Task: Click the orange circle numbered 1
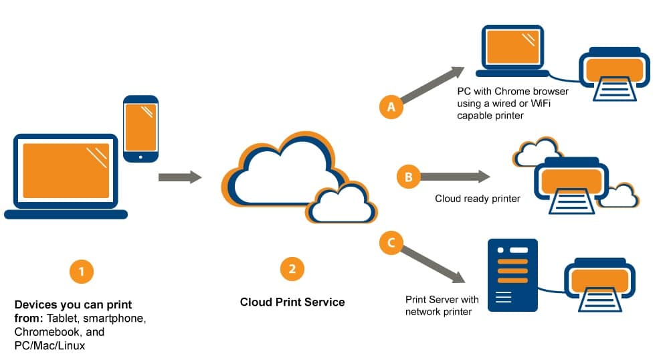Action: point(81,272)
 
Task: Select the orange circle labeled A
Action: point(391,107)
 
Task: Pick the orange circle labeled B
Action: point(408,177)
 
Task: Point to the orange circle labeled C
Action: point(391,242)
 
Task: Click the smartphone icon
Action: point(140,128)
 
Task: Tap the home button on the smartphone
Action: point(140,157)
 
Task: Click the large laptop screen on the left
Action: point(66,171)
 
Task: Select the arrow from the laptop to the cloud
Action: point(180,177)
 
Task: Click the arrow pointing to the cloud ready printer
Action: point(455,177)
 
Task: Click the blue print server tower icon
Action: point(512,275)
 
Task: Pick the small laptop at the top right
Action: point(512,51)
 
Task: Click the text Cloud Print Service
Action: point(292,302)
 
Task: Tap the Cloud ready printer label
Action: point(477,199)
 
